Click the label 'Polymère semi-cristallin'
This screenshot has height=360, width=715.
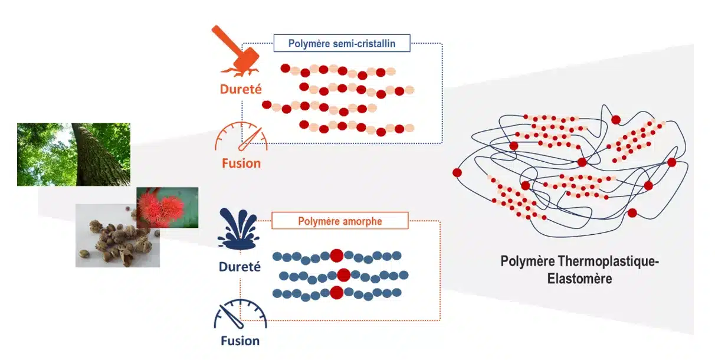point(342,43)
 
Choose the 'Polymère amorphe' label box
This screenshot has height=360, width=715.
point(339,221)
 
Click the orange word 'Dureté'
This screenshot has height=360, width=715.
point(240,89)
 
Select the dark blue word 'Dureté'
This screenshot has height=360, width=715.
point(240,267)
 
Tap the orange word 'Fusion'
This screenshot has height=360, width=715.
point(241,163)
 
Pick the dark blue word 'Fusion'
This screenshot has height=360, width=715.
point(240,341)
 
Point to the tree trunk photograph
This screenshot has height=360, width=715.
point(74,154)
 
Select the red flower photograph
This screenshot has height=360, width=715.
point(168,207)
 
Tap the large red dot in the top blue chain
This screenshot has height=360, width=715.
point(336,255)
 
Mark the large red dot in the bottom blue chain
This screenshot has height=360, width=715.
point(336,293)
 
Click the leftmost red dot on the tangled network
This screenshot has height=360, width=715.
point(457,172)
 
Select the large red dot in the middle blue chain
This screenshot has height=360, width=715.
point(344,274)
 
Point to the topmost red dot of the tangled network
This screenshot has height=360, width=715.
point(616,120)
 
